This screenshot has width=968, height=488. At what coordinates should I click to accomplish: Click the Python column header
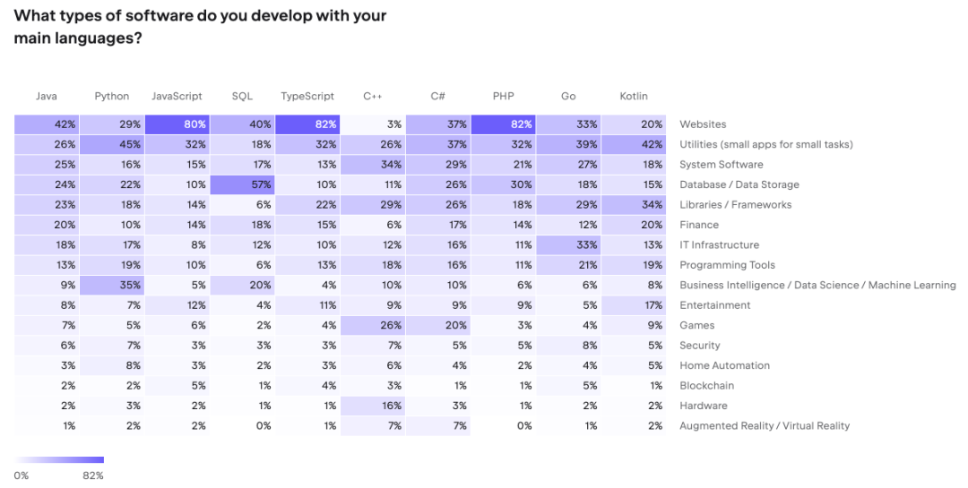pyautogui.click(x=112, y=96)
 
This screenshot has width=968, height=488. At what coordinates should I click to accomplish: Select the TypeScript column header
pyautogui.click(x=307, y=96)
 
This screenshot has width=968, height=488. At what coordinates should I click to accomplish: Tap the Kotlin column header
pyautogui.click(x=634, y=96)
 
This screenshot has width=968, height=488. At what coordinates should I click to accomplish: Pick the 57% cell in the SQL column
pyautogui.click(x=243, y=184)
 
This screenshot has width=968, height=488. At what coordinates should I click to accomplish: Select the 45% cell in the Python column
pyautogui.click(x=112, y=144)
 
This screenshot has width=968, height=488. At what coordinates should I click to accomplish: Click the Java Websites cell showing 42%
pyautogui.click(x=47, y=124)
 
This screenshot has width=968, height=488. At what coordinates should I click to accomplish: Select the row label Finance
pyautogui.click(x=699, y=225)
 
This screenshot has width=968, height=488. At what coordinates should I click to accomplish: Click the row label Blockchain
pyautogui.click(x=706, y=386)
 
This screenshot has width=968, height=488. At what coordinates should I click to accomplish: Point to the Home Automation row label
pyautogui.click(x=724, y=365)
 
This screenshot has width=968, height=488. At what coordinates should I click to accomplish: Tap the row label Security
pyautogui.click(x=699, y=346)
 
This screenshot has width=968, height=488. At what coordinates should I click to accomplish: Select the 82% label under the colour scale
pyautogui.click(x=93, y=475)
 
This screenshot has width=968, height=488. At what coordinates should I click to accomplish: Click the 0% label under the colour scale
pyautogui.click(x=22, y=475)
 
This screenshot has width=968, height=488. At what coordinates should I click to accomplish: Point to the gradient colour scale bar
pyautogui.click(x=59, y=460)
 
